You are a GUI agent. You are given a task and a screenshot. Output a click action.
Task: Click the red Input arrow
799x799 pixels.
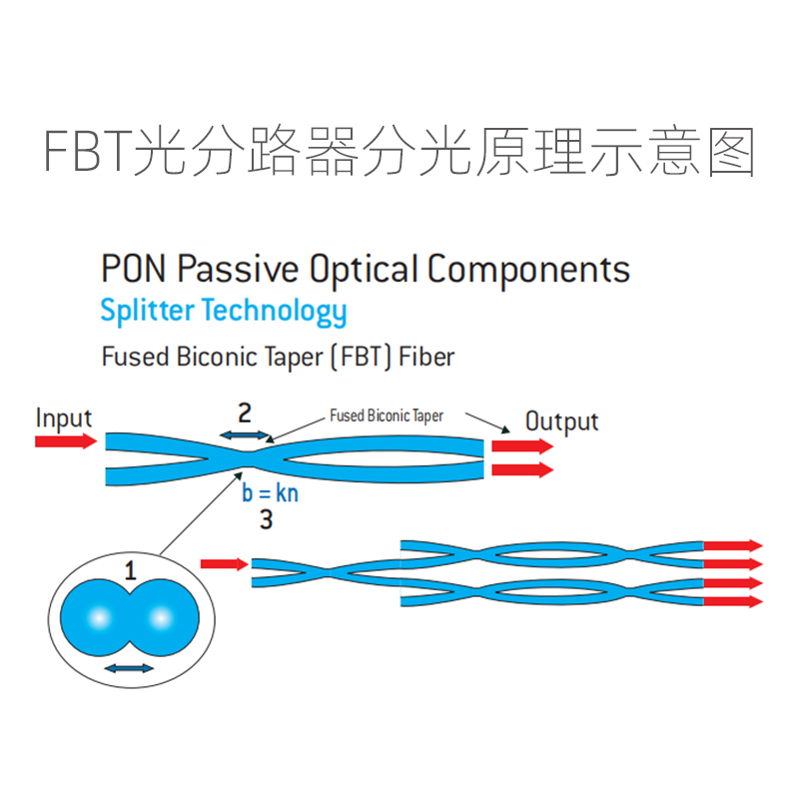66,440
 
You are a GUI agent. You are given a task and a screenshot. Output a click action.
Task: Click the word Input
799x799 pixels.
64,417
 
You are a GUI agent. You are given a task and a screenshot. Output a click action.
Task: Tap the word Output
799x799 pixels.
561,420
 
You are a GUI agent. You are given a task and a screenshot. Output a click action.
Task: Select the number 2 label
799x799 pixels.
245,411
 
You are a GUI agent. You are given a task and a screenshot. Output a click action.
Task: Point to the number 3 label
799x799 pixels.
266,519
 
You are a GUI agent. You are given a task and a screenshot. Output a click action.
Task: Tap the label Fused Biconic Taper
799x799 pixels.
387,415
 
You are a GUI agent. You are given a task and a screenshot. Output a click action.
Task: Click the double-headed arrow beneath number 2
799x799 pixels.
245,434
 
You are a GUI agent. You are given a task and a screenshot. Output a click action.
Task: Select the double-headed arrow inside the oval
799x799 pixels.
129,667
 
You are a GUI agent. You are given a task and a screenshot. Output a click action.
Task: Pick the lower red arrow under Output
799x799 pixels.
522,468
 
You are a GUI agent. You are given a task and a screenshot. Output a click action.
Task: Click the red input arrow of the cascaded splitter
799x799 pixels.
224,564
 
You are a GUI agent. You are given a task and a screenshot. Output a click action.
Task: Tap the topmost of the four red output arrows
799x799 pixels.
733,546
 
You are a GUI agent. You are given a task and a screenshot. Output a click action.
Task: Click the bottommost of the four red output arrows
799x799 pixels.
733,601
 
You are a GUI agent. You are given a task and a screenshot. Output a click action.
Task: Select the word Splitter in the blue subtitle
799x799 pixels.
147,311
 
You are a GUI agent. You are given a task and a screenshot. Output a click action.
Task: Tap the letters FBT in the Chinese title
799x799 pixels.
88,152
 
